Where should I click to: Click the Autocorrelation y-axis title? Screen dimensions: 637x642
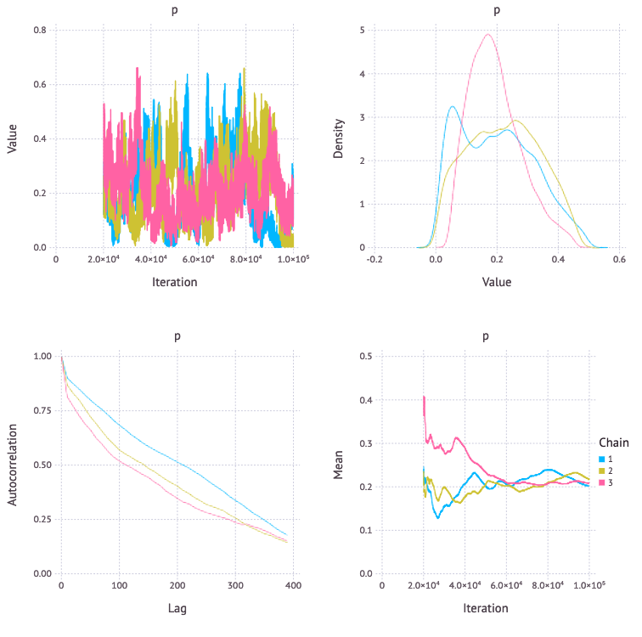point(14,465)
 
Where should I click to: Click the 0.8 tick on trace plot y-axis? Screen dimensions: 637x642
point(39,31)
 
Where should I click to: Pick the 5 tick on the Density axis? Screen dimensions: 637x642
point(362,31)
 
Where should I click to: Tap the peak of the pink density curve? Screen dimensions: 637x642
point(488,35)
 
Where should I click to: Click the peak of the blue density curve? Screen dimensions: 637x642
point(453,107)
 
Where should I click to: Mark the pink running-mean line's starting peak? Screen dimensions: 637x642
point(424,397)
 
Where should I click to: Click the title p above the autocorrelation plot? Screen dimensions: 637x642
point(177,335)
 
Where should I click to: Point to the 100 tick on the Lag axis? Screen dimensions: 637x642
point(119,586)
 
